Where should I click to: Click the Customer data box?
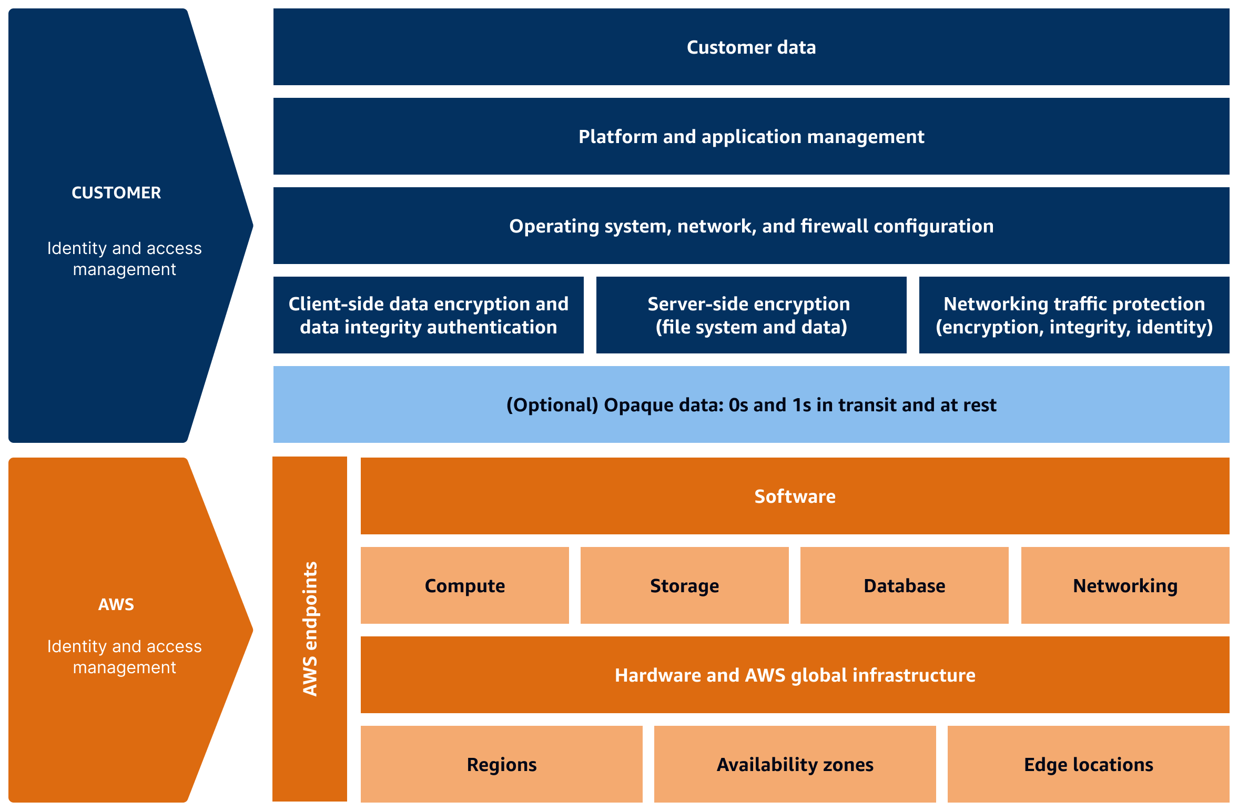click(x=751, y=47)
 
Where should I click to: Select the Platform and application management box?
click(x=751, y=137)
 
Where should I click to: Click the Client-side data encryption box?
click(x=428, y=315)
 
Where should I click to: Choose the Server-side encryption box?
click(x=751, y=315)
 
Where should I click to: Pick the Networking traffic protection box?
click(x=1074, y=315)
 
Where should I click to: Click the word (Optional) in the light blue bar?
click(x=552, y=405)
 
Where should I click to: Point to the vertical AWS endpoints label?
click(x=310, y=629)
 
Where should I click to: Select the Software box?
click(x=795, y=496)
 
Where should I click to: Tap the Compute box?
click(x=464, y=586)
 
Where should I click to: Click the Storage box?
click(x=684, y=586)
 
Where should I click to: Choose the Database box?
click(x=904, y=586)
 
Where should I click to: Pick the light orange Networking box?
click(x=1125, y=586)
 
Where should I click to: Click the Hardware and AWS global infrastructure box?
click(x=795, y=675)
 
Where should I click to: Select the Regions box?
click(x=501, y=765)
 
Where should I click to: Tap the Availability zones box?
click(x=795, y=765)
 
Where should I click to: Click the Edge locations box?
click(x=1088, y=765)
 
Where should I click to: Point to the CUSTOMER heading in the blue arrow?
click(x=116, y=193)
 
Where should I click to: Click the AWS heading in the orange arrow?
click(x=116, y=605)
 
